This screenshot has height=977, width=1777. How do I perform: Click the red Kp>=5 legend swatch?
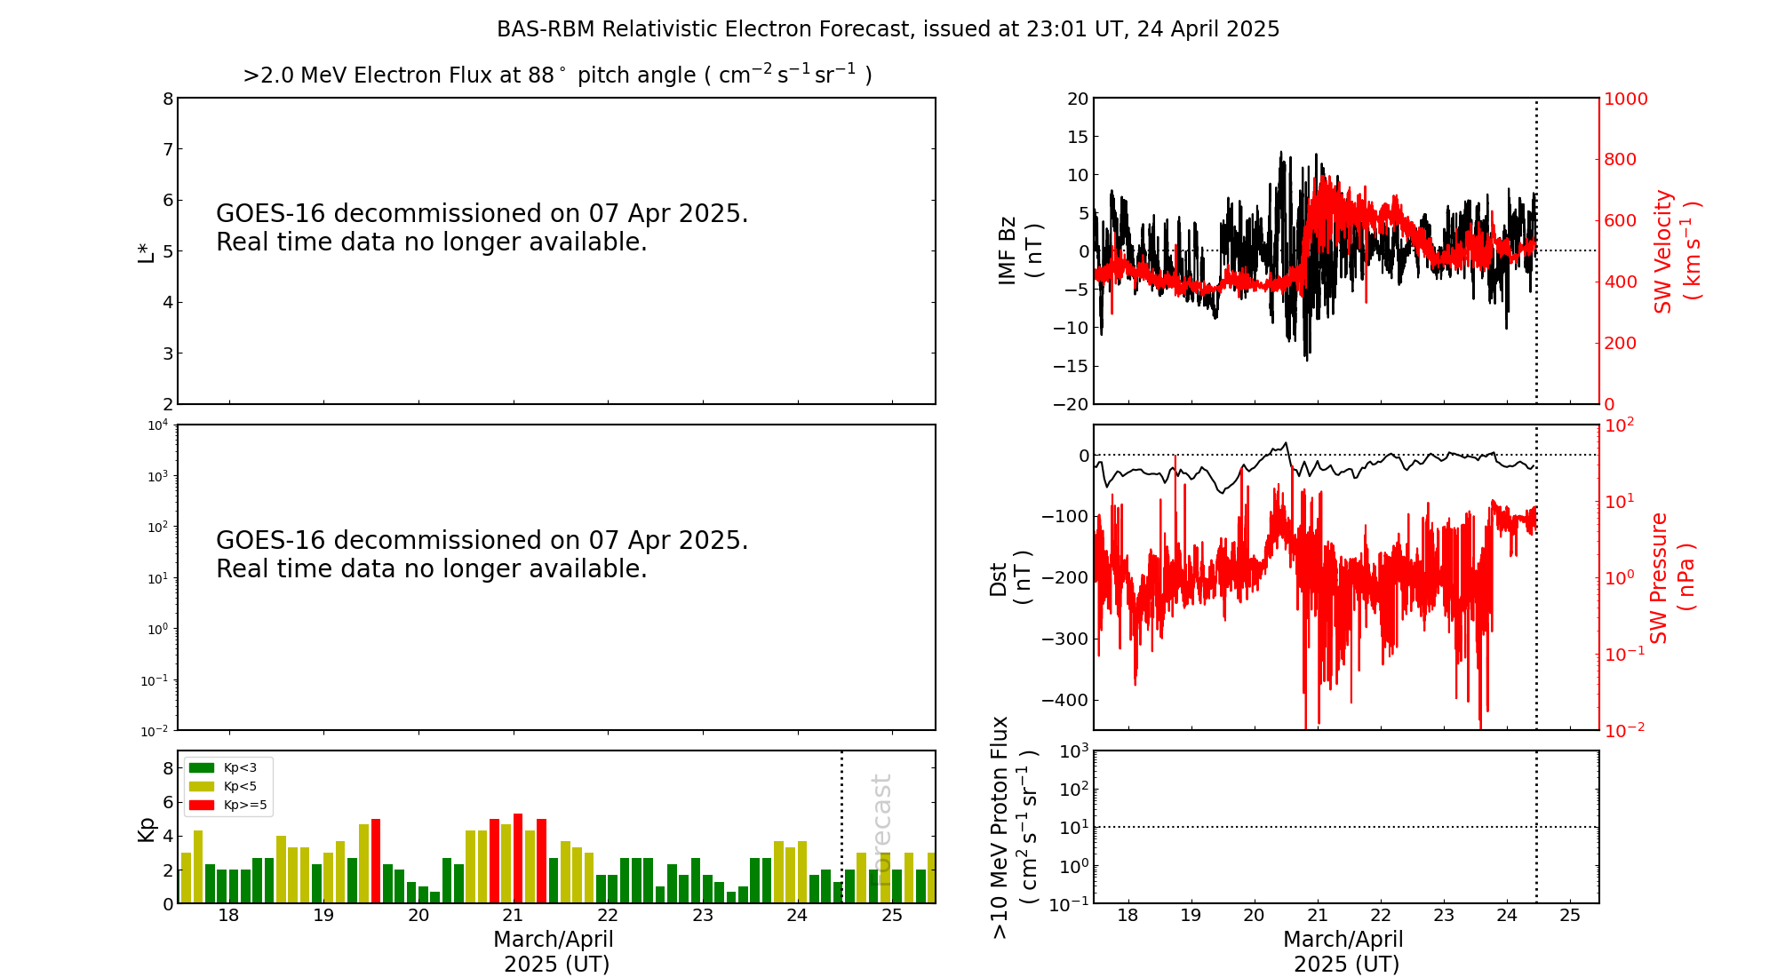(202, 806)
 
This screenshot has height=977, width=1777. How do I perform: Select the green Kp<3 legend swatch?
(202, 767)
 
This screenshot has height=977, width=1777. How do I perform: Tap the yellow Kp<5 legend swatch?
(202, 786)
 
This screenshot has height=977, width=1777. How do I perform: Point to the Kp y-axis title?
(147, 830)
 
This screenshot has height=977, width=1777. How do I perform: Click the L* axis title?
(147, 251)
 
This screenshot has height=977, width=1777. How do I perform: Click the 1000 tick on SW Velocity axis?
(1625, 99)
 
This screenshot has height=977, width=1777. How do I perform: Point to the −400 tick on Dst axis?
(1064, 700)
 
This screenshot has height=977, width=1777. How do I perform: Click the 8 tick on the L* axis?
(168, 99)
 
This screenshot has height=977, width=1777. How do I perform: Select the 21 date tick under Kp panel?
(513, 916)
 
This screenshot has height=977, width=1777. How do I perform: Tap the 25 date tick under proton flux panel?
(1570, 916)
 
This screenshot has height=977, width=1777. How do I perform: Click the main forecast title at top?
(888, 29)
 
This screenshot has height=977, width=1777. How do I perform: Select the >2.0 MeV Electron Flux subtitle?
(557, 75)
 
